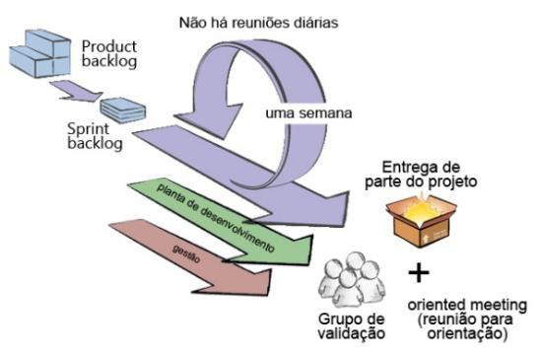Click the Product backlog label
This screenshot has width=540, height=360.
coord(110,55)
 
